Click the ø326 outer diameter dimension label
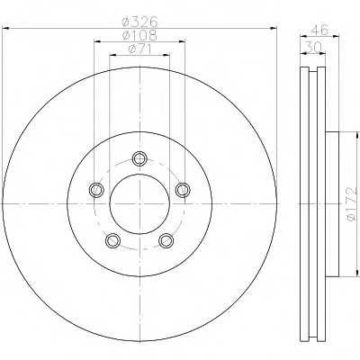click(x=139, y=22)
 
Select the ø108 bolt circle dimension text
click(x=139, y=35)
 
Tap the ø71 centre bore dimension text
click(x=139, y=49)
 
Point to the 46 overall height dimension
click(x=319, y=30)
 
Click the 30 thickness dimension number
click(x=313, y=48)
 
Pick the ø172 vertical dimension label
click(x=352, y=204)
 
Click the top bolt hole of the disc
click(x=139, y=158)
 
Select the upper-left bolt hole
click(x=96, y=190)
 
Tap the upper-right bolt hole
click(x=183, y=190)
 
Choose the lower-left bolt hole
click(x=113, y=240)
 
